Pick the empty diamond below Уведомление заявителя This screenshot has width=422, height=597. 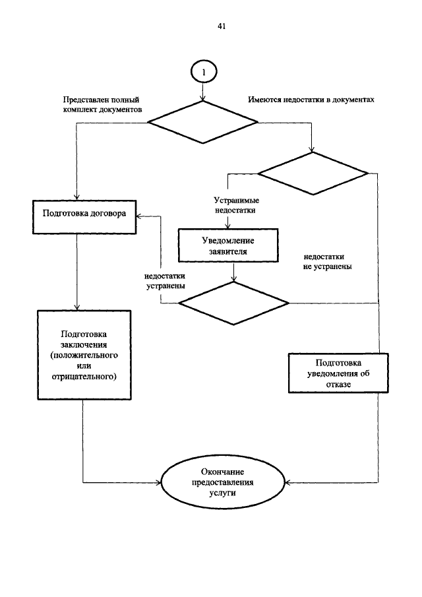(234, 303)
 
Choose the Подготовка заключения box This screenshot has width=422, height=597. (83, 355)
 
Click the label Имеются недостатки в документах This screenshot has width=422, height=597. (311, 100)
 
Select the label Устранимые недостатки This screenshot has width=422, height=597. (235, 204)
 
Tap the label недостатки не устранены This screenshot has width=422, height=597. (328, 262)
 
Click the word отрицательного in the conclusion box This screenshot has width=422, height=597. (83, 377)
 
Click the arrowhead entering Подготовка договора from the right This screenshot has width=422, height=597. (139, 215)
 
